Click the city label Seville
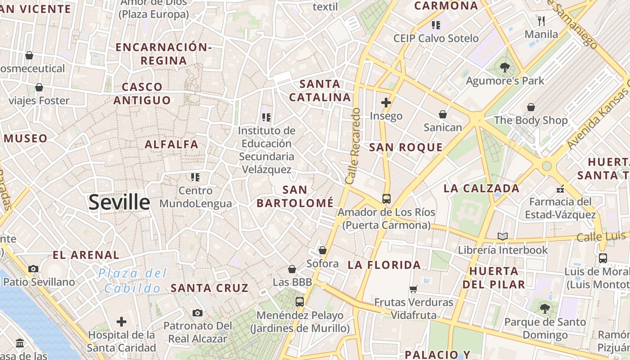coord(119,202)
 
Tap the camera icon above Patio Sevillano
coord(33,269)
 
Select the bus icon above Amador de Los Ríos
coord(386,198)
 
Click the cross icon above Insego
coord(386,103)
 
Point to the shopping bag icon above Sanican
coord(443,114)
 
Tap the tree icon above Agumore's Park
coord(505,67)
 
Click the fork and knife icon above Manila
coord(541,21)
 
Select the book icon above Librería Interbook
coord(503,236)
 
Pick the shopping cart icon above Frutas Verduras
coord(414,288)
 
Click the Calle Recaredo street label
coord(353,146)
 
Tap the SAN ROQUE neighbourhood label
coord(406,147)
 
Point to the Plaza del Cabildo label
coord(133,280)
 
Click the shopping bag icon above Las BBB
coord(292,269)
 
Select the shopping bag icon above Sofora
coord(322,250)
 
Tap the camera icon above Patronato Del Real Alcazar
coord(197,313)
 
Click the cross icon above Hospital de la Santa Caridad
coord(121,322)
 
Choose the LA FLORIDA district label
coord(384,265)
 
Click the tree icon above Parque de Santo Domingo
coord(545,309)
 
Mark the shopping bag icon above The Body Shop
coord(531,107)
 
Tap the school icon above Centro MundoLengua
coord(195,177)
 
